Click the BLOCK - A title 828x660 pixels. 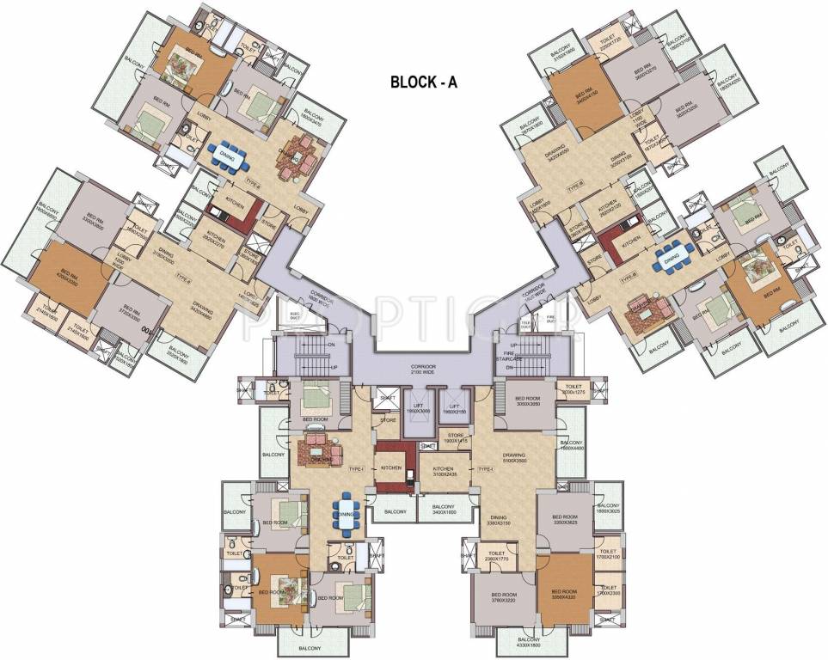point(430,82)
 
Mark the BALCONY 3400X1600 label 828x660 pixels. point(439,509)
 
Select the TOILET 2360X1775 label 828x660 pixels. point(496,557)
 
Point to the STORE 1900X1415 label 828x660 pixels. point(457,439)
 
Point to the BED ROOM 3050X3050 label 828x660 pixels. point(527,401)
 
